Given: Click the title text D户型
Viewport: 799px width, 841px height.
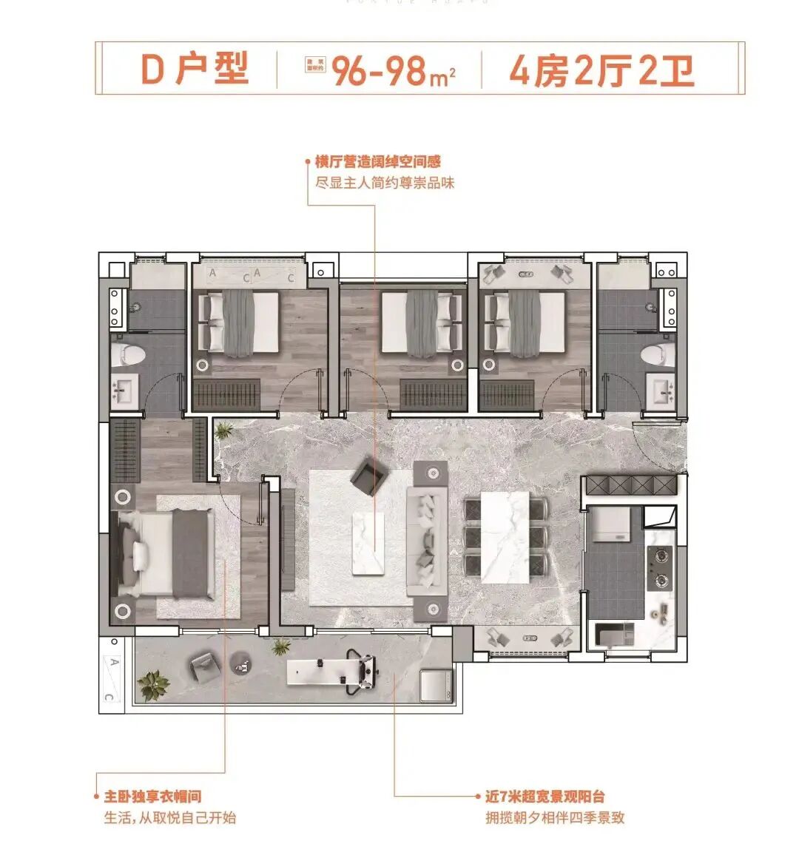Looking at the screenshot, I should [x=195, y=70].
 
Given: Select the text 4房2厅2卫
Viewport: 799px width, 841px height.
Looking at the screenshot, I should [x=601, y=71].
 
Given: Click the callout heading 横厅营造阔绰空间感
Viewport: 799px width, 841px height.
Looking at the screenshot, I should [x=378, y=162].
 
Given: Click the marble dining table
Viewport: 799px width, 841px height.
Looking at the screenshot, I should [x=505, y=537].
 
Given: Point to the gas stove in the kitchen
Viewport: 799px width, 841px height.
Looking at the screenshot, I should [x=659, y=568].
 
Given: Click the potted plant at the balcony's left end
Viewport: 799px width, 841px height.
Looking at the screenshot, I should [x=154, y=684].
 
